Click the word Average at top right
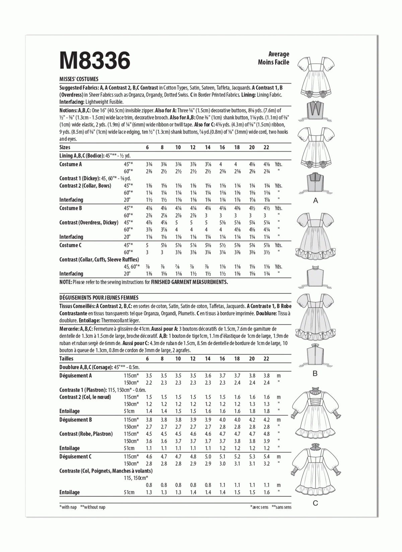click(279, 54)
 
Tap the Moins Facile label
click(273, 62)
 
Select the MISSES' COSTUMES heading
click(79, 79)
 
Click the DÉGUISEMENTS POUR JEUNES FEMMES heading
click(99, 297)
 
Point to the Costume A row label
click(71, 164)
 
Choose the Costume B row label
click(71, 208)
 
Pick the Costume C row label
click(71, 245)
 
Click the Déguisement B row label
click(75, 420)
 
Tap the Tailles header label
click(66, 358)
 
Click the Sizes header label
click(65, 147)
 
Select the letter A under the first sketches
click(315, 201)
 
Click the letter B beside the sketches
click(315, 373)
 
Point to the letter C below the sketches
click(315, 503)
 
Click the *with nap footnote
click(68, 507)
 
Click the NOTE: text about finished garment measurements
click(143, 282)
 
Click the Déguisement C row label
click(75, 457)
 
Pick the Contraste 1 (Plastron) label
click(83, 390)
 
